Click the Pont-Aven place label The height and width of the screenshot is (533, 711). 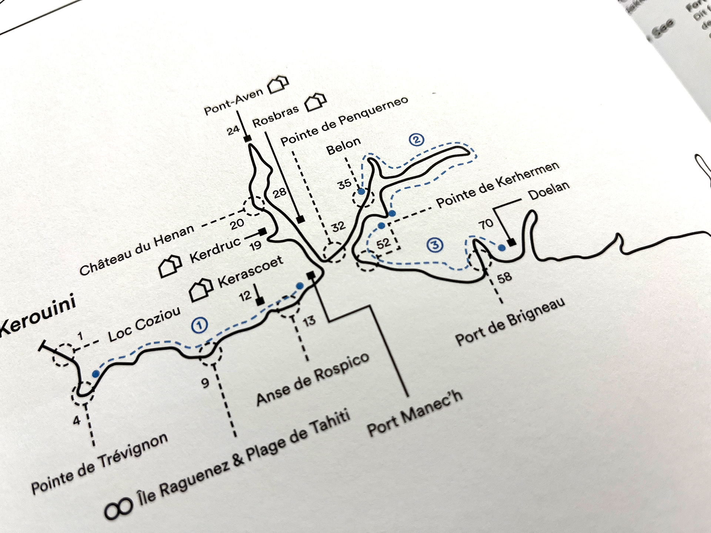(x=234, y=102)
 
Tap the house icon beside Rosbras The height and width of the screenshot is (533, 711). (x=316, y=102)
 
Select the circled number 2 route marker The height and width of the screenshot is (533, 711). (x=417, y=140)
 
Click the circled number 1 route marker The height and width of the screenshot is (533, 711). (x=199, y=325)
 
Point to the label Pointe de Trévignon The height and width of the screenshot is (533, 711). (x=99, y=464)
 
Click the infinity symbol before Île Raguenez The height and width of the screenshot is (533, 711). (x=118, y=507)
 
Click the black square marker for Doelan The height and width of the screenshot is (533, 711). (x=511, y=242)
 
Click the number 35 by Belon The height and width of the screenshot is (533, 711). (x=344, y=184)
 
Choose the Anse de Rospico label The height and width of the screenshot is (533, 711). (x=313, y=379)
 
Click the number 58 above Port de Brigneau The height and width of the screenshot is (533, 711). (x=504, y=277)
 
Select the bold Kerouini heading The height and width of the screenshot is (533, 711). (x=37, y=318)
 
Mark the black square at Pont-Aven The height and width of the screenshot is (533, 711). (x=247, y=138)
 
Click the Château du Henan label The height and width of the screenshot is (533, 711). (x=137, y=250)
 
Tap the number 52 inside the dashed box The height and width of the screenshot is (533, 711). (x=383, y=243)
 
